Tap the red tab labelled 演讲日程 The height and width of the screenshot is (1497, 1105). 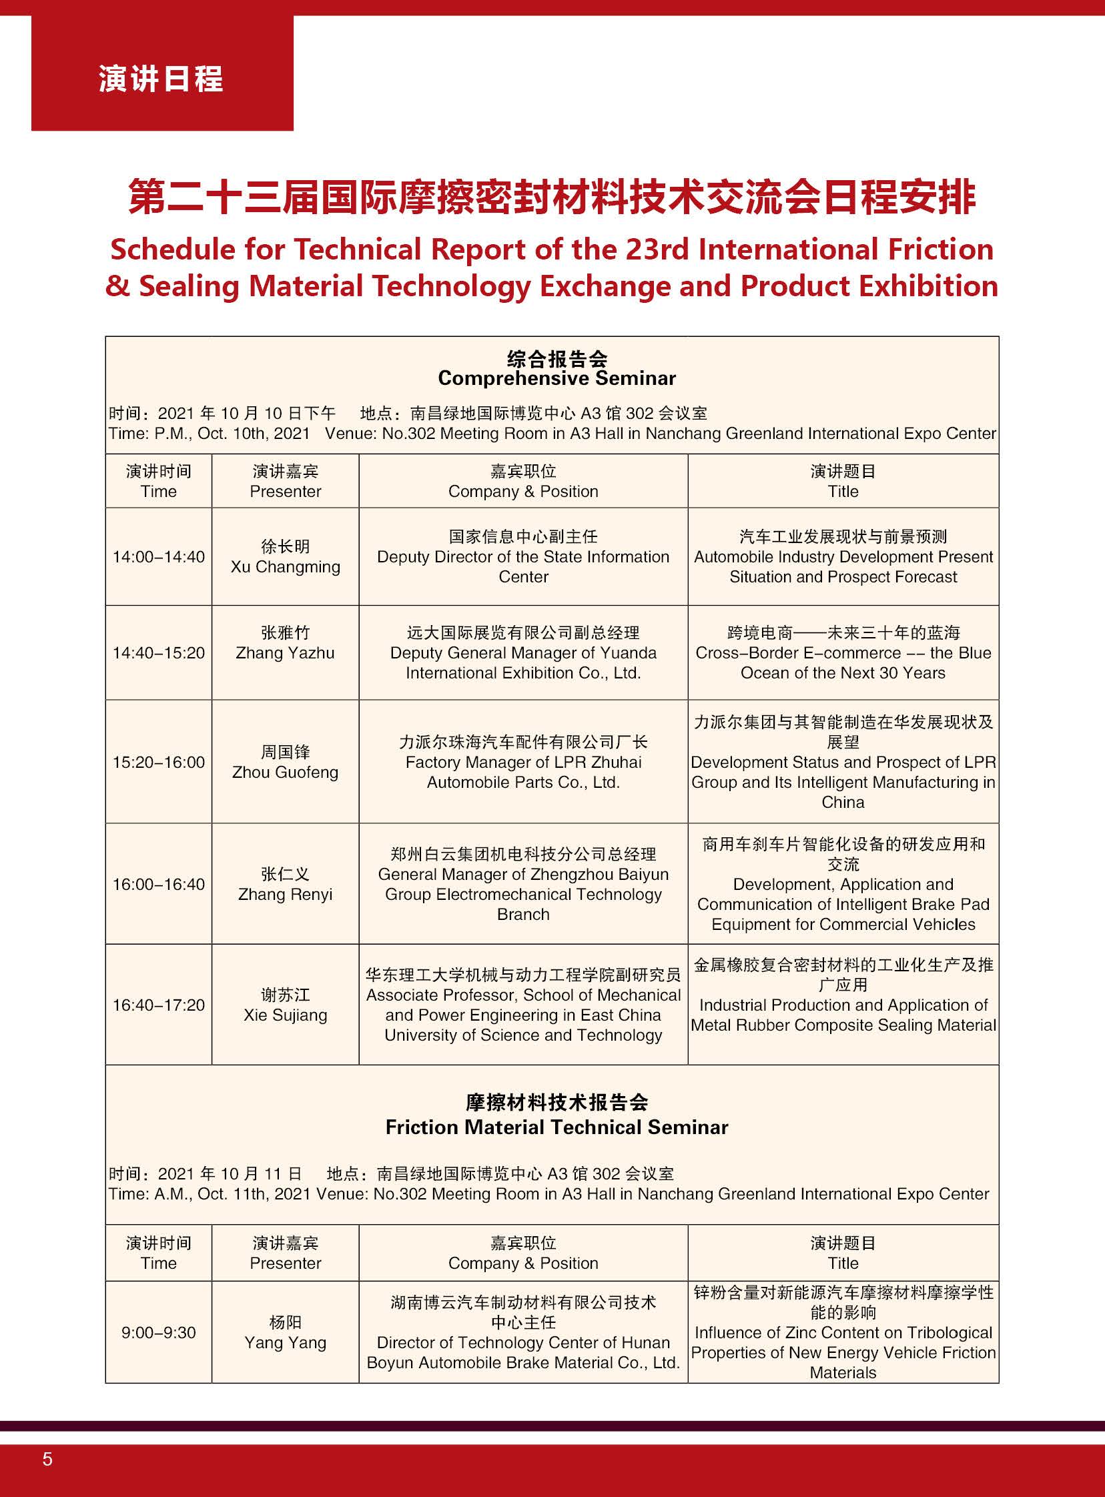(161, 79)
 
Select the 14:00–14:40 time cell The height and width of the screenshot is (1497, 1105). (159, 557)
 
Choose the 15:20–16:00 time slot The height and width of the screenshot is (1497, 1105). (159, 763)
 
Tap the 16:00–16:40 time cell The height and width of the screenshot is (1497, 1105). (159, 884)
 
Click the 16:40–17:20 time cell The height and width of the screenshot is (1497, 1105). (159, 1005)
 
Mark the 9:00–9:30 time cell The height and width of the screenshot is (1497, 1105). (159, 1332)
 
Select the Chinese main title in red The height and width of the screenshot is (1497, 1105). (552, 198)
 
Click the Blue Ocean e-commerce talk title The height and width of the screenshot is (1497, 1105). (843, 652)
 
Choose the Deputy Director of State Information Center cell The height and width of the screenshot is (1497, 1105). (523, 557)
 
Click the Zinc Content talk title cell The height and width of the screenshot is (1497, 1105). (843, 1332)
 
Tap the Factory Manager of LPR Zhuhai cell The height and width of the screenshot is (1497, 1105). (523, 763)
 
